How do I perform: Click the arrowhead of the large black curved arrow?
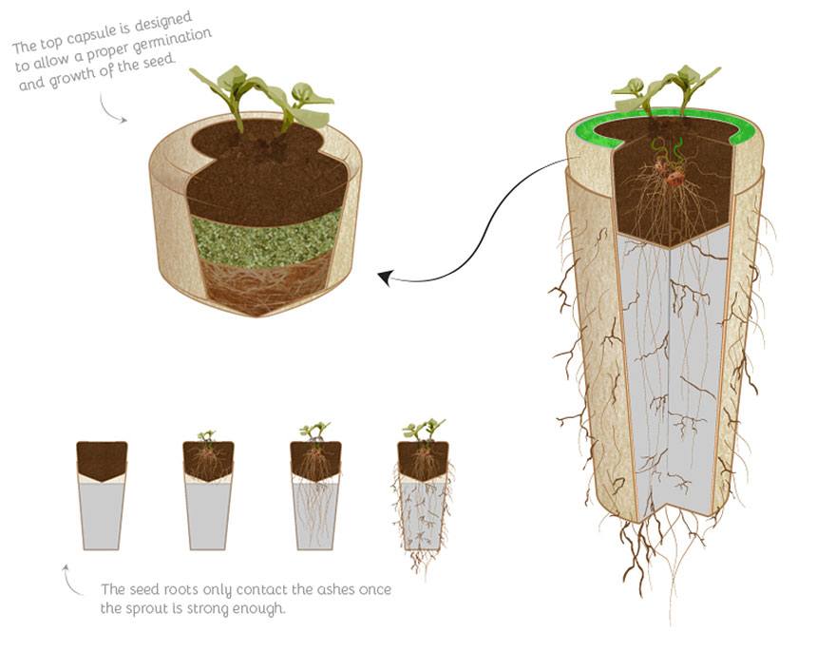click(x=385, y=278)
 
